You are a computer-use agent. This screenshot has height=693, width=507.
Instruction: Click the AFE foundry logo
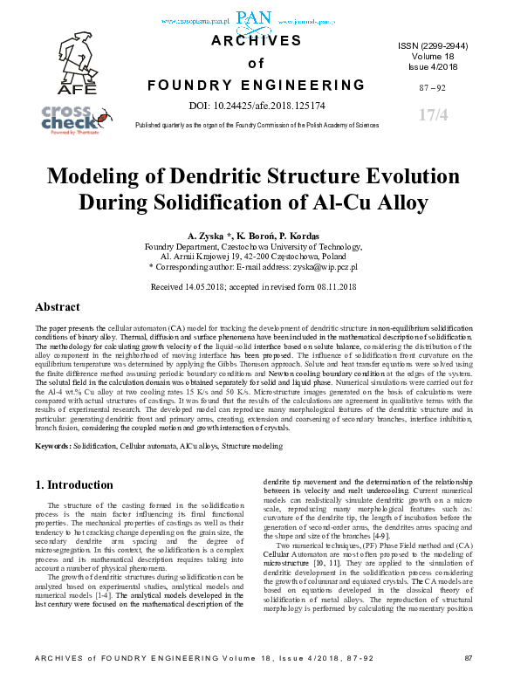tap(75, 62)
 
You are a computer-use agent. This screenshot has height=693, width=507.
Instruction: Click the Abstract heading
tap(58, 308)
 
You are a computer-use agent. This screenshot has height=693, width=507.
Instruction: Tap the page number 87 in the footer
tap(468, 681)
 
